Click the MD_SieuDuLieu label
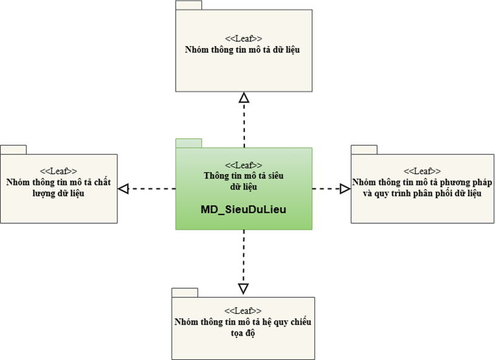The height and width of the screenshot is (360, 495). pos(243,209)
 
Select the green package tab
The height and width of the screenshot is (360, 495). pos(189,143)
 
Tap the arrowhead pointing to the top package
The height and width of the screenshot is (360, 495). pos(244,97)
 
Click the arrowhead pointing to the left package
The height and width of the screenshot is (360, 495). pos(123,189)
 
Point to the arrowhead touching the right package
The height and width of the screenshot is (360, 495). pos(345,189)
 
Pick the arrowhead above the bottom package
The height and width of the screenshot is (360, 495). pos(243,289)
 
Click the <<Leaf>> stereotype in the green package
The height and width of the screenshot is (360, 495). pos(243,165)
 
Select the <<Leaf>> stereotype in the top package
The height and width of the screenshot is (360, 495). pos(243,38)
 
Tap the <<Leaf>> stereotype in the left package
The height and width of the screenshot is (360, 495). pos(58,171)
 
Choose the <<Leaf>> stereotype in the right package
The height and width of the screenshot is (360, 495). pos(422,171)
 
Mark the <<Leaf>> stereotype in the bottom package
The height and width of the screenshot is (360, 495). pos(243,311)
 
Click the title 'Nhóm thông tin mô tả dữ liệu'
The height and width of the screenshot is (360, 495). pos(243,50)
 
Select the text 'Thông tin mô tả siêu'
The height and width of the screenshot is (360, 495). pos(243,176)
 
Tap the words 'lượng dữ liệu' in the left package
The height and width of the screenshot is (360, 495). pos(58,193)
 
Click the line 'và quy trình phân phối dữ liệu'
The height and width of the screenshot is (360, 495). pos(422,193)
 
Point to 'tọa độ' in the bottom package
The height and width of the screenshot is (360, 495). pos(243,333)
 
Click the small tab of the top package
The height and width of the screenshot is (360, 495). pos(189,5)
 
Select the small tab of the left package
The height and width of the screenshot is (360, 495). pos(13,150)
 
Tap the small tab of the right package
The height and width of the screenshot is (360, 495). pos(364,150)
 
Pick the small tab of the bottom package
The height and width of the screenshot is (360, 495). pos(185,292)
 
